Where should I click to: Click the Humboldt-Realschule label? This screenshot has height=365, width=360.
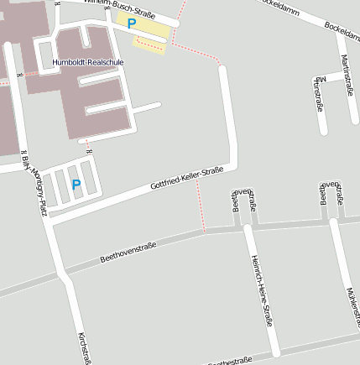tap(87, 63)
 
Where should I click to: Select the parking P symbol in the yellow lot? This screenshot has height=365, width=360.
tap(132, 24)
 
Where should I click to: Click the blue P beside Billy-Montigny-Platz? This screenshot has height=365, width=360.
tap(76, 185)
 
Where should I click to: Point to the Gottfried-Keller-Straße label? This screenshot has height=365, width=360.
tap(186, 178)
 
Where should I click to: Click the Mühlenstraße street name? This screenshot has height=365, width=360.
tap(352, 307)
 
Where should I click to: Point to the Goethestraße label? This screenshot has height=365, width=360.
tap(228, 361)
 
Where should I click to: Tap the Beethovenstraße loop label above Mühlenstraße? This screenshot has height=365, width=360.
tap(331, 194)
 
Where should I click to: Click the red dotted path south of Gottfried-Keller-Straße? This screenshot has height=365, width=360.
tap(201, 206)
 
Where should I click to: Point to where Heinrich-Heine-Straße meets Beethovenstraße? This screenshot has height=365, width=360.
tap(248, 226)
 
